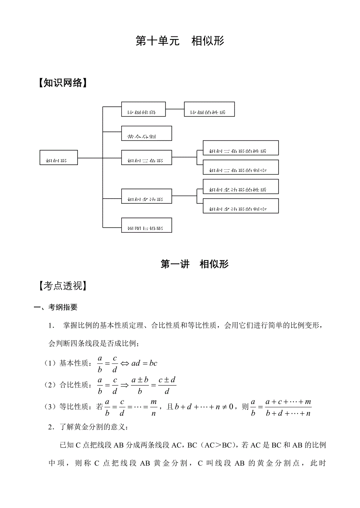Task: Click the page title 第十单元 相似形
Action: tap(180, 41)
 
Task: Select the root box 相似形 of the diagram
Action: tap(58, 157)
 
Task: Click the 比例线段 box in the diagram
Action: tap(143, 109)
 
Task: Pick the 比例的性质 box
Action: tap(209, 109)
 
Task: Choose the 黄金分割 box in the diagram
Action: tap(146, 133)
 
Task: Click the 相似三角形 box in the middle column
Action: tap(146, 157)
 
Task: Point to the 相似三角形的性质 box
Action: tap(241, 148)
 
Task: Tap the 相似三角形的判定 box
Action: tap(241, 167)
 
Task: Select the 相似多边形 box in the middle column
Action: tap(146, 196)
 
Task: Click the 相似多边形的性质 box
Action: tap(241, 186)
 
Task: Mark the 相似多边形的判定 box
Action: tap(241, 206)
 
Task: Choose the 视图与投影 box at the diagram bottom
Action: tap(146, 225)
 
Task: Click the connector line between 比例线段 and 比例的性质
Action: tap(175, 109)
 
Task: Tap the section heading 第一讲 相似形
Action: tap(194, 264)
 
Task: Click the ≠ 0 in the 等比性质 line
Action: tap(229, 407)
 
